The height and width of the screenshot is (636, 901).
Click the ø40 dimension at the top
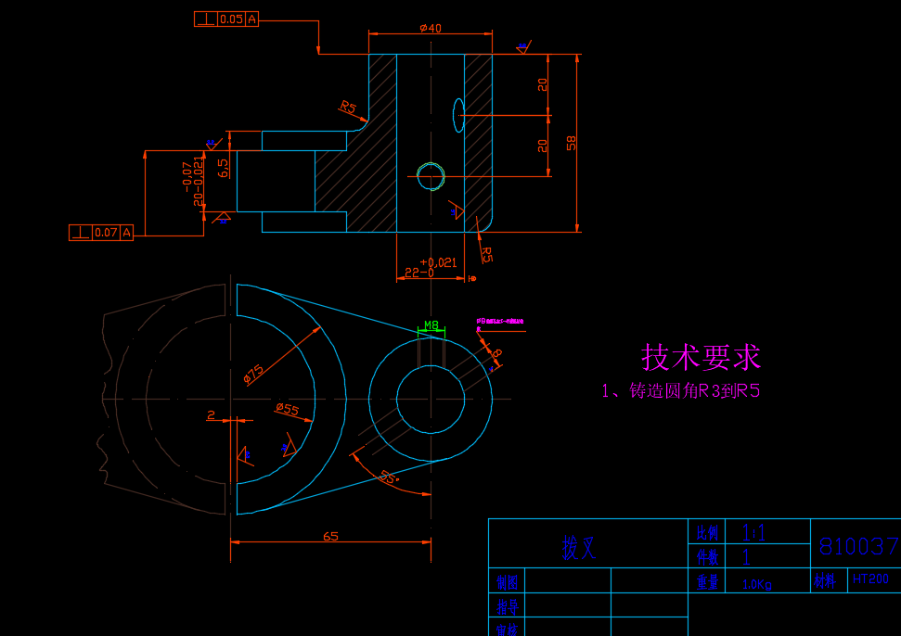[x=430, y=28]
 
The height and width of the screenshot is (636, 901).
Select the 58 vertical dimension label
[x=572, y=143]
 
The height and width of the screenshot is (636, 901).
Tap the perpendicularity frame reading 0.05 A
[x=226, y=19]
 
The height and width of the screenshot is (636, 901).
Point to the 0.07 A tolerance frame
[x=101, y=232]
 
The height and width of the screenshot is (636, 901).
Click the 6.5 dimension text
[x=223, y=168]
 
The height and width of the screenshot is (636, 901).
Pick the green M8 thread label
[x=431, y=325]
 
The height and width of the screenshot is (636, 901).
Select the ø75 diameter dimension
[x=253, y=373]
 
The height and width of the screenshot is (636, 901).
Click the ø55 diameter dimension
[x=288, y=409]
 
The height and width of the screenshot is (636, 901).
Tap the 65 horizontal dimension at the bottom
[x=329, y=536]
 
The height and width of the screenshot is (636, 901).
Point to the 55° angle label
[x=389, y=477]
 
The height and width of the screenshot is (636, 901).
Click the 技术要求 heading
[x=701, y=357]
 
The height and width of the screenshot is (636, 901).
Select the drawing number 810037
[x=858, y=546]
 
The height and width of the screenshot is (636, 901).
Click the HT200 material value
[x=870, y=579]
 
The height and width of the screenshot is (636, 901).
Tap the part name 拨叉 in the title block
[x=577, y=548]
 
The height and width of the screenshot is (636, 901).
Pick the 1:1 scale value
[x=753, y=531]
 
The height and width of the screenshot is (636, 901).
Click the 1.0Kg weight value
[x=758, y=584]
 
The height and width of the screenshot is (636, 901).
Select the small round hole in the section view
[x=430, y=176]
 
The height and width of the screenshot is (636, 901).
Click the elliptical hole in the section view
[x=458, y=115]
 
